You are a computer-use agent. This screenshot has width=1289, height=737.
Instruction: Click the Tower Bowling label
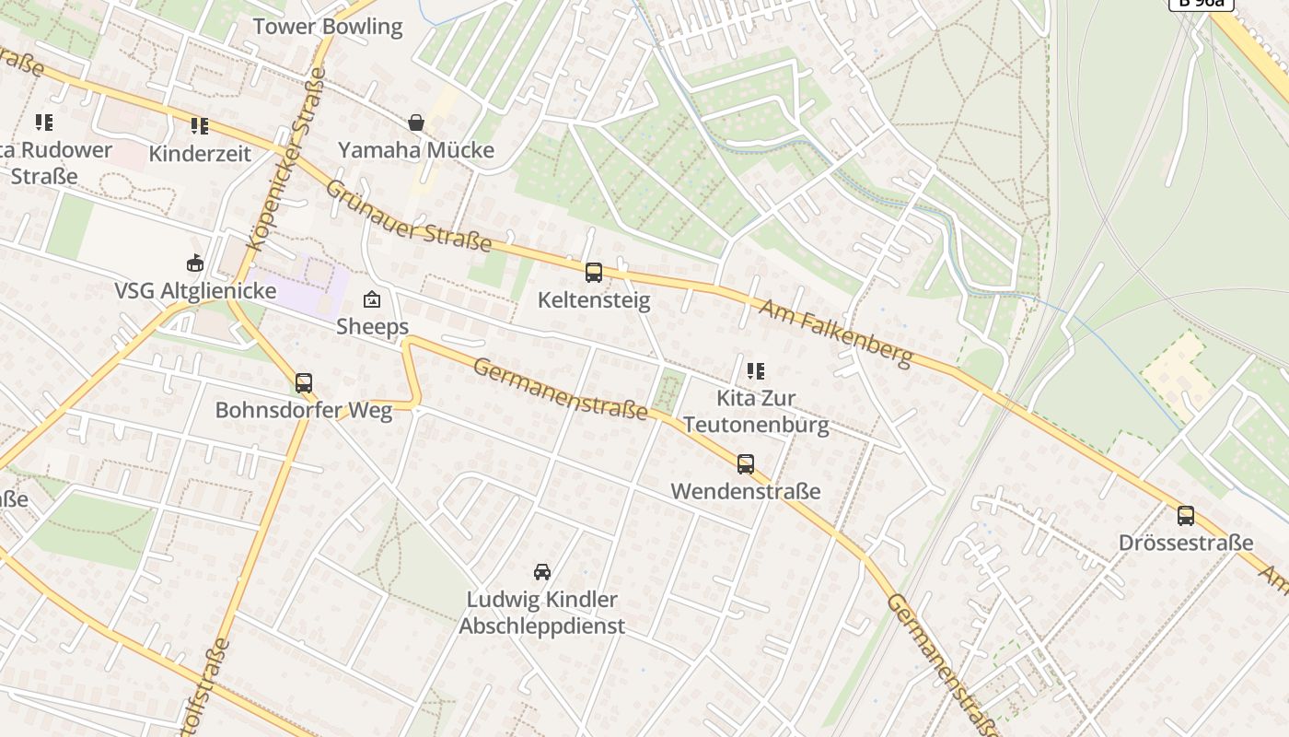[x=328, y=27]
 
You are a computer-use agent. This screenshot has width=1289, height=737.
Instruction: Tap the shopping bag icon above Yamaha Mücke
[x=416, y=123]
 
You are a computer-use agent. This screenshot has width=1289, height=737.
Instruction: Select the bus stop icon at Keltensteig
[x=594, y=273]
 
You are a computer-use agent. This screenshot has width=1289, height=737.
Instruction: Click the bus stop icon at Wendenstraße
[x=746, y=464]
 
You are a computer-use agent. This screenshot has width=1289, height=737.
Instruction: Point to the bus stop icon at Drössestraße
[x=1186, y=516]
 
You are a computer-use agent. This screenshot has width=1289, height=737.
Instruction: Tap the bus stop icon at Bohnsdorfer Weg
[x=304, y=383]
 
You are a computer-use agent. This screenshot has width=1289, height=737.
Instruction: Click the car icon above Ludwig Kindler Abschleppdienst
[x=542, y=572]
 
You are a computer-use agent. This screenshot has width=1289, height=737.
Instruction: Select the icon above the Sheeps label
[x=372, y=299]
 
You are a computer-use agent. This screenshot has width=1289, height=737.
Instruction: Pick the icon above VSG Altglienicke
[x=195, y=264]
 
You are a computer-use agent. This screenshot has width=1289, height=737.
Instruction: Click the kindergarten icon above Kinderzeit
[x=200, y=126]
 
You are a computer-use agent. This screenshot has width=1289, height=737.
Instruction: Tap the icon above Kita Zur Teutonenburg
[x=756, y=371]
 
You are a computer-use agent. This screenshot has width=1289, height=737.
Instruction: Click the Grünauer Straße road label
[x=409, y=216]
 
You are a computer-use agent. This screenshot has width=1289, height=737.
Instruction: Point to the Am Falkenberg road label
[x=835, y=333]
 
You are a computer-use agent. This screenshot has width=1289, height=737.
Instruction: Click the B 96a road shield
[x=1201, y=3]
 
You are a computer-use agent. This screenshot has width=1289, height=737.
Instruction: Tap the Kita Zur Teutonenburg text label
[x=756, y=412]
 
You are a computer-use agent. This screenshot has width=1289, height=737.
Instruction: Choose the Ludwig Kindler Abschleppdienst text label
[x=542, y=613]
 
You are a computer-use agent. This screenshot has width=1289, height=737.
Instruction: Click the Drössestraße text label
[x=1186, y=543]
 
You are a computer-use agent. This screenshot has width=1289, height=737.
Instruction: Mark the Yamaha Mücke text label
[x=416, y=150]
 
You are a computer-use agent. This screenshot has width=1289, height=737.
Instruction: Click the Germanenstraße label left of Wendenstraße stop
[x=560, y=389]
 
